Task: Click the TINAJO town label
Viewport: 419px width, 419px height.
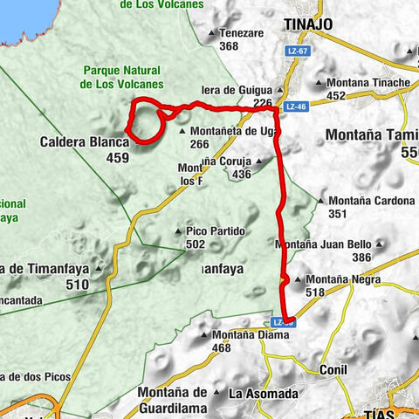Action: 308,24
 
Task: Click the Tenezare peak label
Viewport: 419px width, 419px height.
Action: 242,33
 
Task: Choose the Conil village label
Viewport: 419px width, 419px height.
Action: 334,369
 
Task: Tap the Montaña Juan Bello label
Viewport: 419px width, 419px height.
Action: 324,244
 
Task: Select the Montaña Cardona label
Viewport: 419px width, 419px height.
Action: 371,200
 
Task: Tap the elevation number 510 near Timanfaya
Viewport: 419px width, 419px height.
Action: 78,284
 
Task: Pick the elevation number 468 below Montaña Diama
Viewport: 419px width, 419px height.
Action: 222,348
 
